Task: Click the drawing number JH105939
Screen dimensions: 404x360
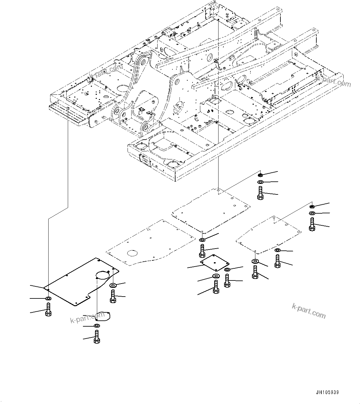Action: pyautogui.click(x=327, y=392)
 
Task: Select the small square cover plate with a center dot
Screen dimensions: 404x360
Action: pyautogui.click(x=214, y=263)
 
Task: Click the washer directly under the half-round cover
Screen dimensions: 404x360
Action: pyautogui.click(x=96, y=326)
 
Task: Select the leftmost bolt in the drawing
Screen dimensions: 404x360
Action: pyautogui.click(x=48, y=310)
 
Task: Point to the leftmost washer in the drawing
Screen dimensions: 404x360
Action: pyautogui.click(x=48, y=298)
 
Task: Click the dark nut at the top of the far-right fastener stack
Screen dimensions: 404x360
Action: pyautogui.click(x=312, y=206)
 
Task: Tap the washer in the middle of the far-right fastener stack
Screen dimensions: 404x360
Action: pyautogui.click(x=312, y=214)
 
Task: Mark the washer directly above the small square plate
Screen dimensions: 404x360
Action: pyautogui.click(x=202, y=240)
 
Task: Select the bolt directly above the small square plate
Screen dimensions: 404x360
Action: pyautogui.click(x=202, y=251)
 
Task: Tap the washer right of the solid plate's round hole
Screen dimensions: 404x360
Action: pyautogui.click(x=113, y=285)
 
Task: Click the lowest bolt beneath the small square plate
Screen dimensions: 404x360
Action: pyautogui.click(x=215, y=286)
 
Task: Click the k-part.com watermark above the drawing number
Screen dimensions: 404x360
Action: pyautogui.click(x=309, y=311)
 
